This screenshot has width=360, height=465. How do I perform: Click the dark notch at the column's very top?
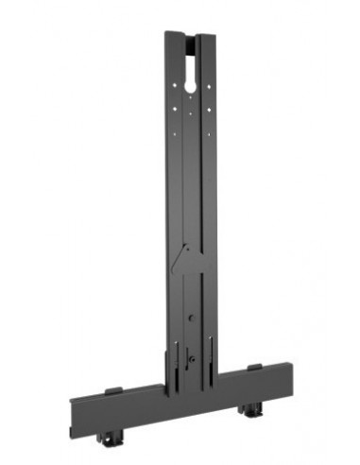[194, 41]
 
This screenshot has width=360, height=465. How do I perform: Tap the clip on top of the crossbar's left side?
[112, 388]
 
